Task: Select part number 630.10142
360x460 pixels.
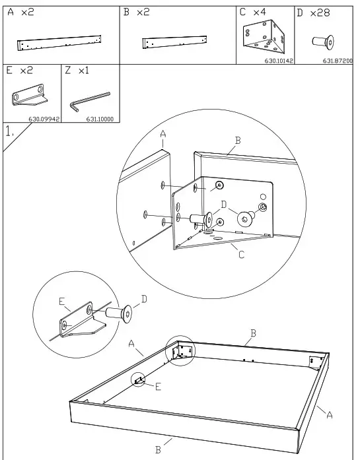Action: coord(279,61)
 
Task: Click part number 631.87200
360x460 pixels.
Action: coord(338,61)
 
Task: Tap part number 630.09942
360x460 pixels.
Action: coord(44,119)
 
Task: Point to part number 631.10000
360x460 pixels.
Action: coord(100,119)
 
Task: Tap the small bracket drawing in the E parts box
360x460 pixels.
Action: coord(30,96)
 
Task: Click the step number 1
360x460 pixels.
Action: coord(10,131)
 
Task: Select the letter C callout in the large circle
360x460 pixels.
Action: coord(241,255)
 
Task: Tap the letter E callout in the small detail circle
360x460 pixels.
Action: coord(61,302)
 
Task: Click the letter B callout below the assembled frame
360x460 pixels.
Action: coord(158,449)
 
